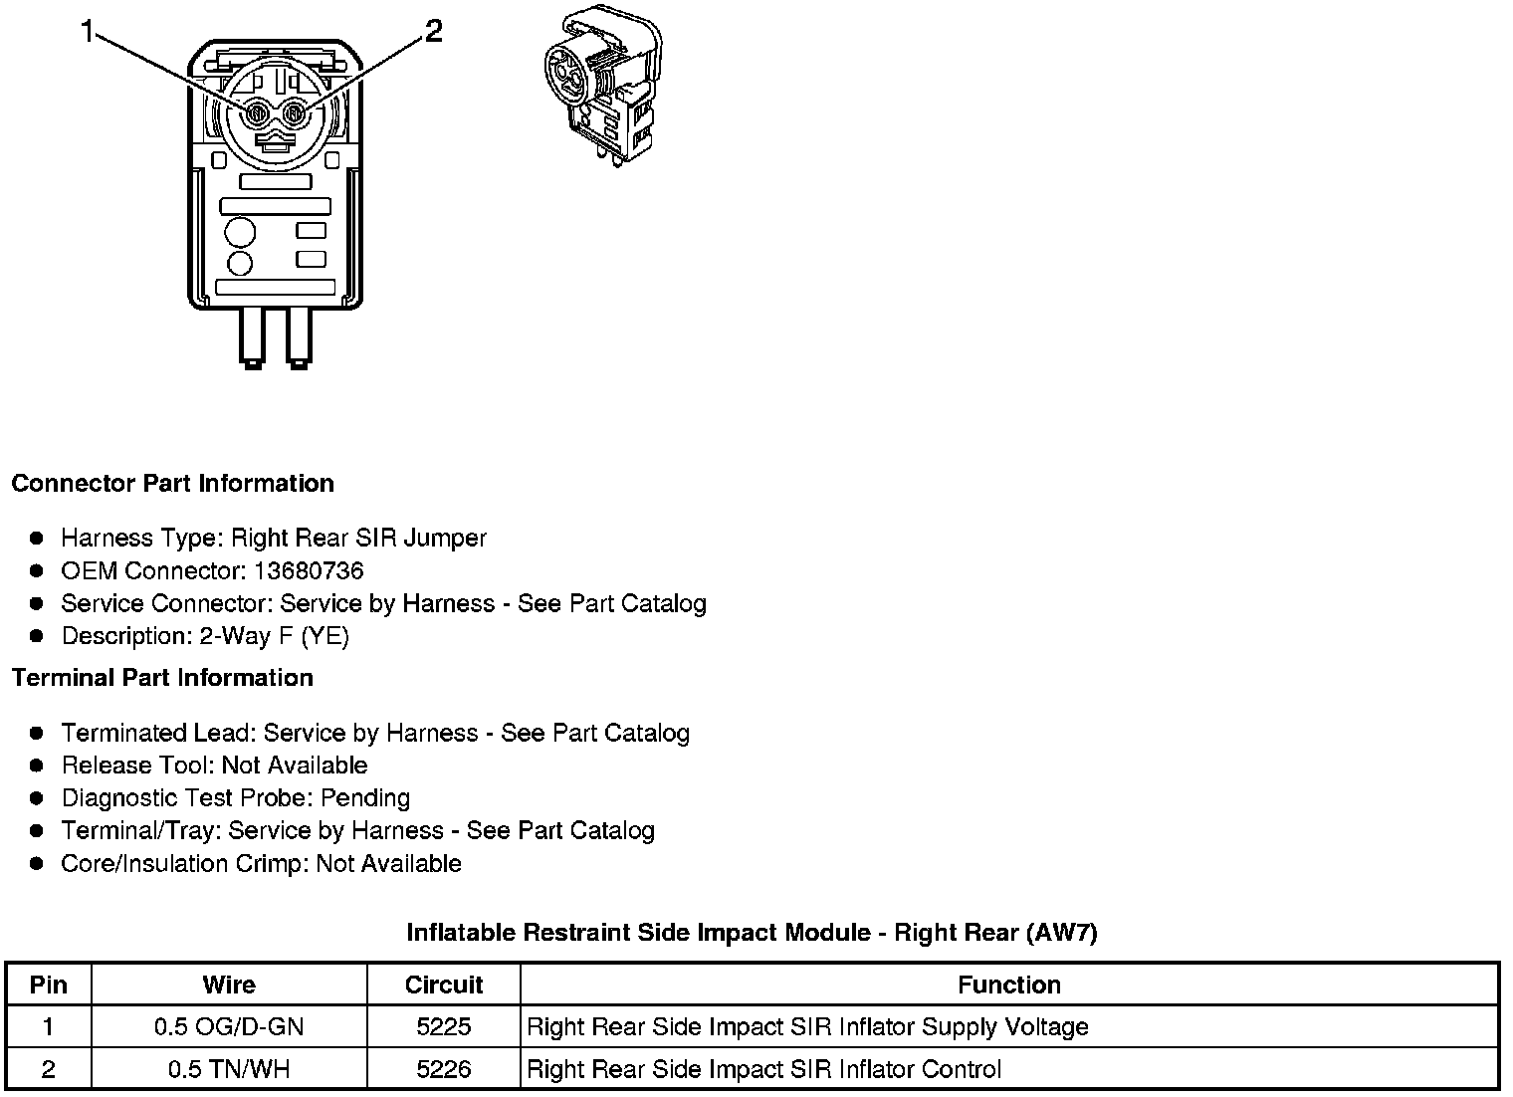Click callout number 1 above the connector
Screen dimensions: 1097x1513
(88, 34)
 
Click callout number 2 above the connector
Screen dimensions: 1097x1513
(433, 32)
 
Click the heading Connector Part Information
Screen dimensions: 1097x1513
(172, 483)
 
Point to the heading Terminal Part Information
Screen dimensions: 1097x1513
(162, 678)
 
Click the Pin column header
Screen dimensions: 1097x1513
(49, 985)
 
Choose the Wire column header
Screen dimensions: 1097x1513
(229, 985)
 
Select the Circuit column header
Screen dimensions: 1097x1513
(444, 985)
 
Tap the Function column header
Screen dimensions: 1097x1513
(1008, 985)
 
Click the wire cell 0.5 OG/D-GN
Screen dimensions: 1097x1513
(229, 1026)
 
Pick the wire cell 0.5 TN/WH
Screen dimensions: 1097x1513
(229, 1069)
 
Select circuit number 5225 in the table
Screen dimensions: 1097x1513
(444, 1026)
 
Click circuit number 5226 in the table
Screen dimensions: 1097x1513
(444, 1069)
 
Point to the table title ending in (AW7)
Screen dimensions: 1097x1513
(752, 933)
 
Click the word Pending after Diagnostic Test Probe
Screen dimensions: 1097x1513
(365, 798)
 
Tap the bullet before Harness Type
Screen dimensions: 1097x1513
(37, 539)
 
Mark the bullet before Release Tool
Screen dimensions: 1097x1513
(37, 766)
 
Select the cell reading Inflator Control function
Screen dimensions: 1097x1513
(763, 1069)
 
